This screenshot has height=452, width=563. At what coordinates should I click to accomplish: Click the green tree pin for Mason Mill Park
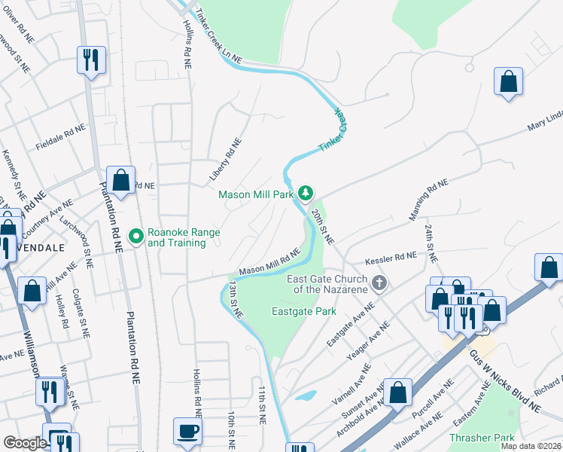[306, 194]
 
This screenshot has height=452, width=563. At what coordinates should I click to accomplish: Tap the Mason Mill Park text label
[256, 194]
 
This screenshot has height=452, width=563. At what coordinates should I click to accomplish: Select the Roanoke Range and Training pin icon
[136, 237]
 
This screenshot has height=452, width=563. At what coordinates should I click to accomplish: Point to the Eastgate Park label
[303, 310]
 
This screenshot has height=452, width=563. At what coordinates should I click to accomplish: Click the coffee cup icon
[187, 432]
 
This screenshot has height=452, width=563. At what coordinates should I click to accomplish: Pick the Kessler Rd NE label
[390, 259]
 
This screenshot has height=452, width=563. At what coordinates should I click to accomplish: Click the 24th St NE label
[430, 243]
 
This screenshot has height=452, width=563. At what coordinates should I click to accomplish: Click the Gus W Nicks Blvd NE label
[504, 383]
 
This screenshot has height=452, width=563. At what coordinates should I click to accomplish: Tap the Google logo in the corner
[25, 443]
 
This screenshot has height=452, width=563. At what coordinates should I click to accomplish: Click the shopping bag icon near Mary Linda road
[509, 82]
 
